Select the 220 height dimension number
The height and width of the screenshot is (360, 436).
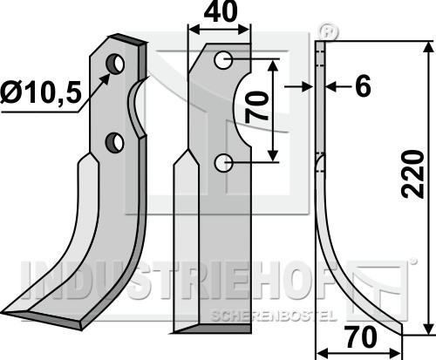tap(412, 174)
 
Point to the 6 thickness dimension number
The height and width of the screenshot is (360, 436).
tap(364, 86)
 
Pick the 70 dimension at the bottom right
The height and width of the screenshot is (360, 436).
tap(361, 337)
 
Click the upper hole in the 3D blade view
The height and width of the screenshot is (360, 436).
tap(115, 64)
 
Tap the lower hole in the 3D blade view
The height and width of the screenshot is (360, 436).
tap(114, 142)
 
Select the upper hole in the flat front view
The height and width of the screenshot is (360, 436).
tap(223, 60)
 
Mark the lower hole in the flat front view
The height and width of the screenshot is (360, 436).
tap(223, 163)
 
